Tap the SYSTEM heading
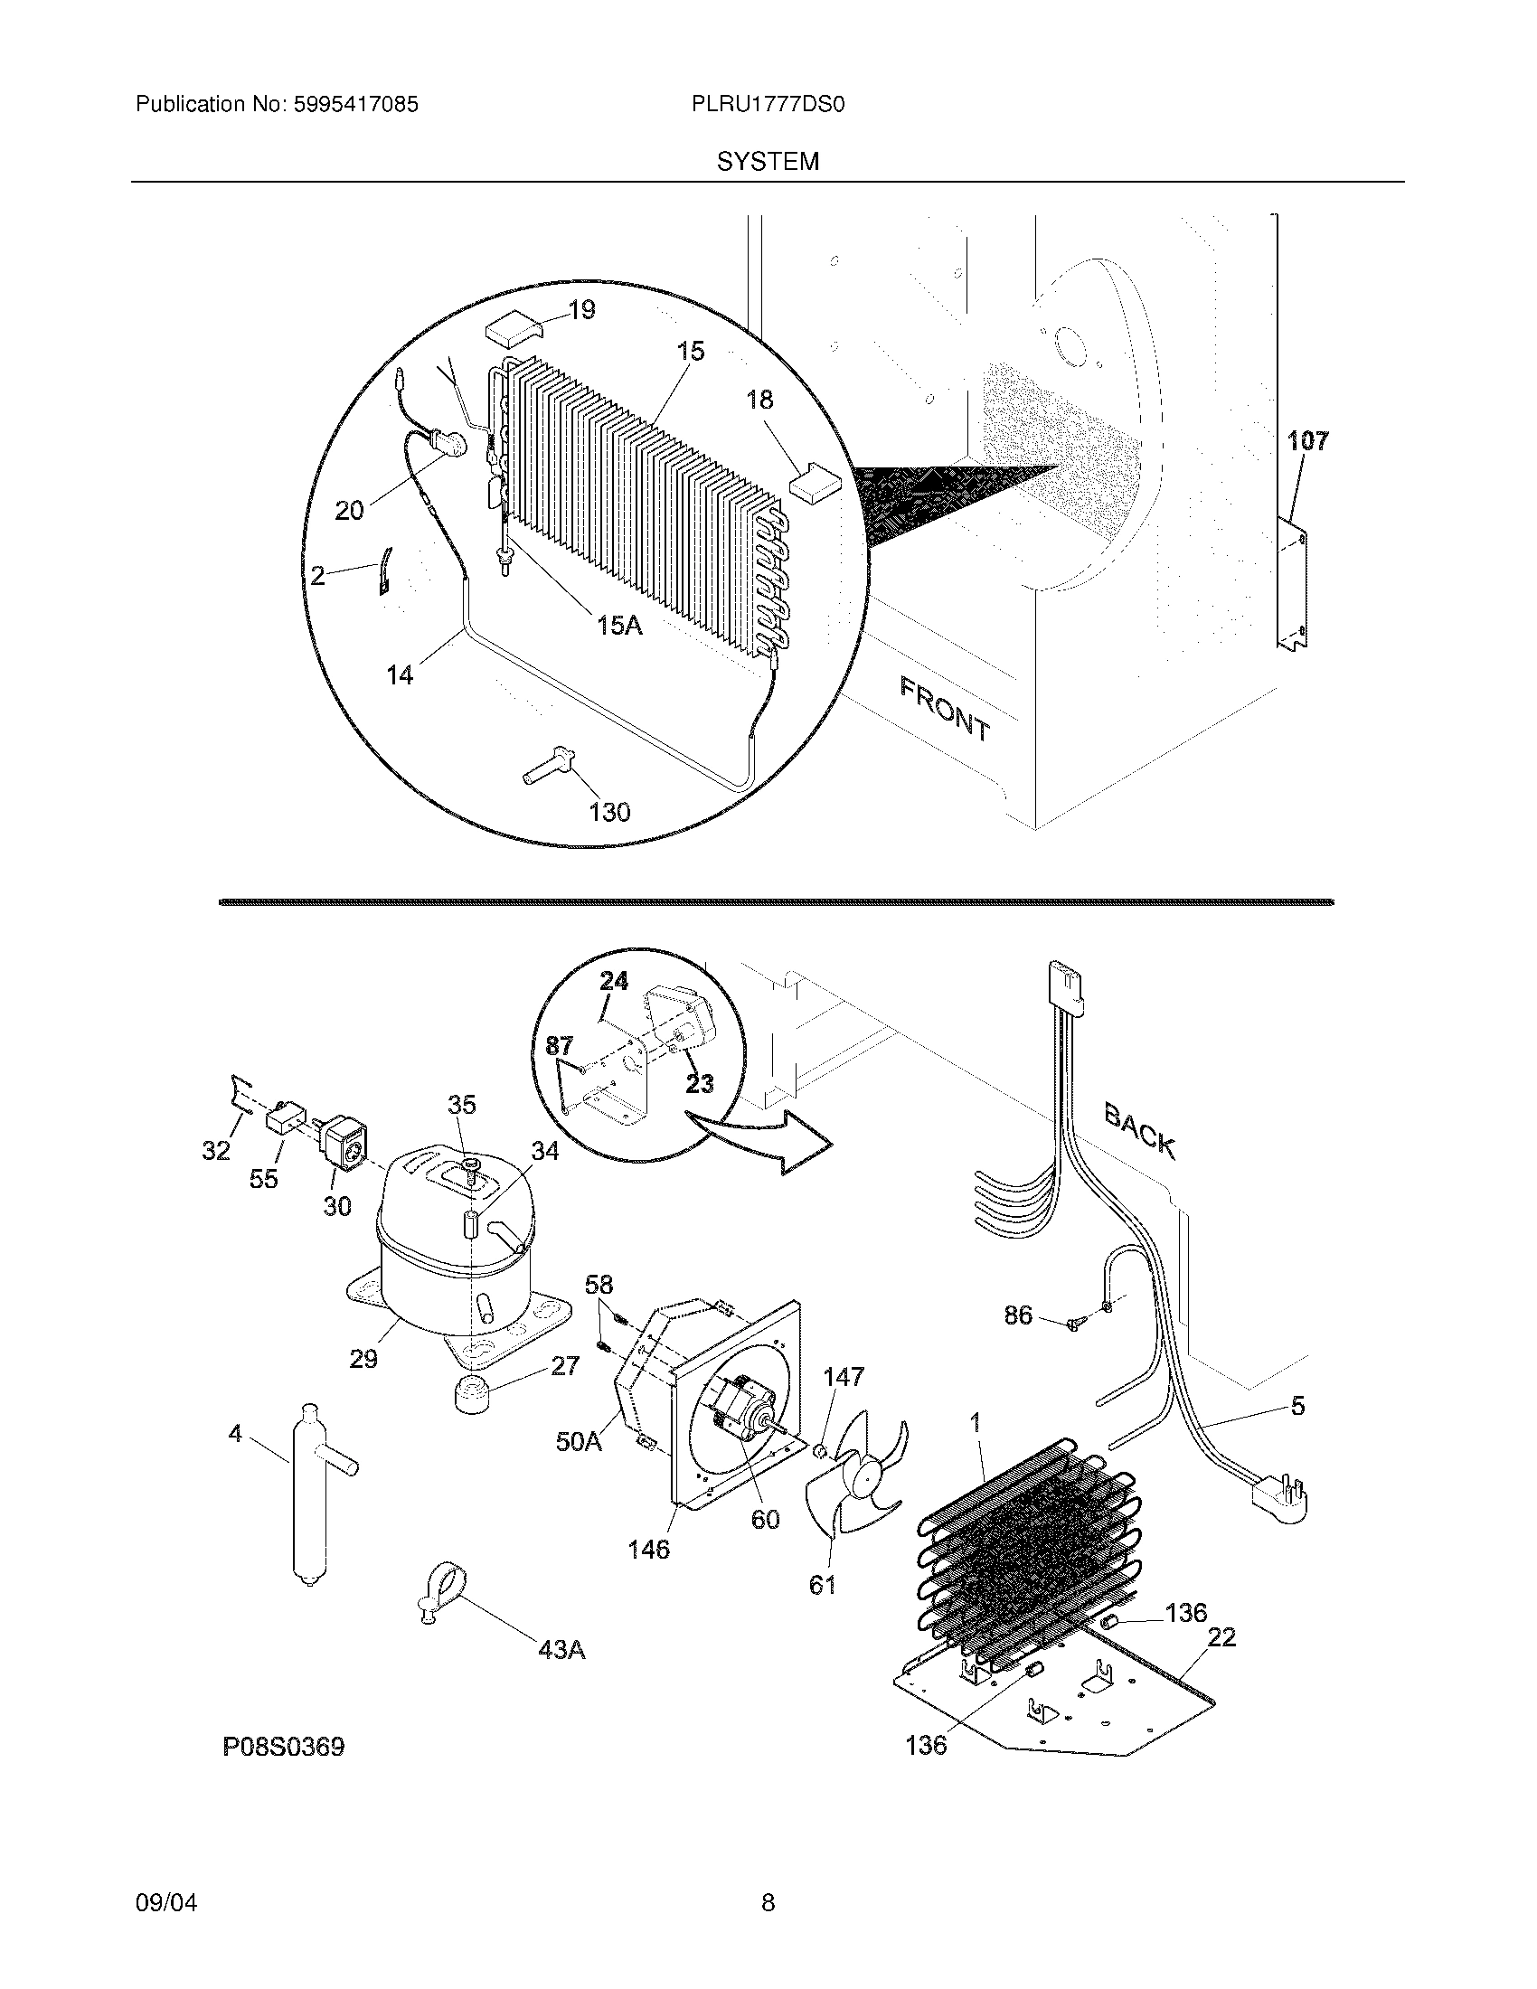768,162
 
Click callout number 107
1307,441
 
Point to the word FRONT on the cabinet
944,710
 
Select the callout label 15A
620,625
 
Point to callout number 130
609,812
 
